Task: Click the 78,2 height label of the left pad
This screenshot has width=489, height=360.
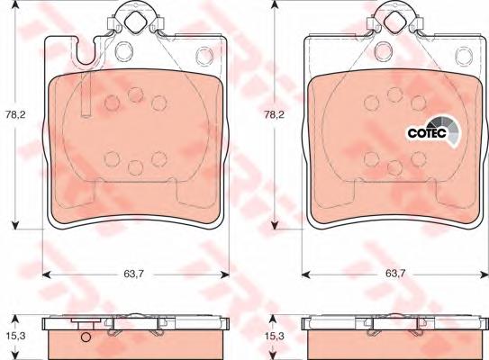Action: pyautogui.click(x=14, y=114)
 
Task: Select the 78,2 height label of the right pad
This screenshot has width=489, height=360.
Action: pyautogui.click(x=274, y=114)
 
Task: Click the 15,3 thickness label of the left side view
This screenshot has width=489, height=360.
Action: pyautogui.click(x=15, y=336)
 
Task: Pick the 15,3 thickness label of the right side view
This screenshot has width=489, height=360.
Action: pyautogui.click(x=274, y=336)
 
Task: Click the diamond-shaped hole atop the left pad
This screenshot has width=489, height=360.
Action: pyautogui.click(x=135, y=21)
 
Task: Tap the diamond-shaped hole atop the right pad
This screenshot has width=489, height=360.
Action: pyautogui.click(x=394, y=21)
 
